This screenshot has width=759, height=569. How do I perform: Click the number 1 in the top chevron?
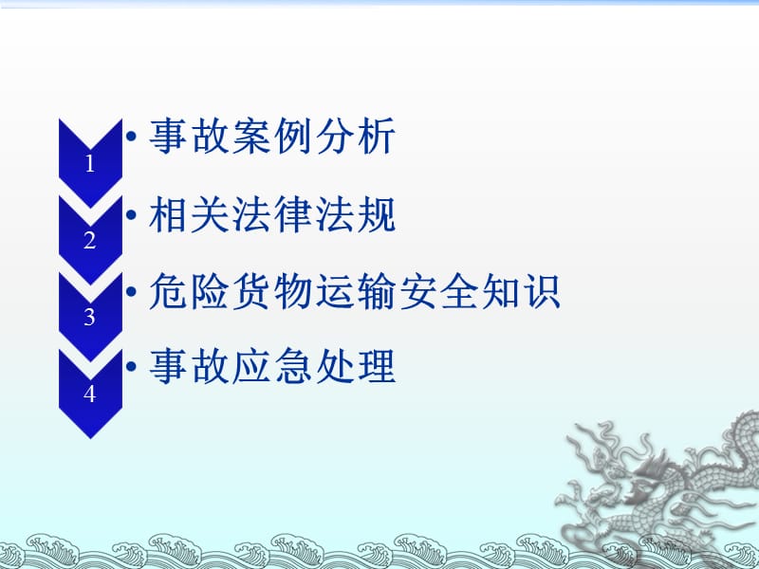(90, 164)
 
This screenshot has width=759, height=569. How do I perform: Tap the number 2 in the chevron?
(90, 241)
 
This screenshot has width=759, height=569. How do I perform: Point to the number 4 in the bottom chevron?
(90, 394)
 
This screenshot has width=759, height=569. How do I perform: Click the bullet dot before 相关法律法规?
(133, 217)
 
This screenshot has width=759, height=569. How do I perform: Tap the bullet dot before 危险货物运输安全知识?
(133, 294)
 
